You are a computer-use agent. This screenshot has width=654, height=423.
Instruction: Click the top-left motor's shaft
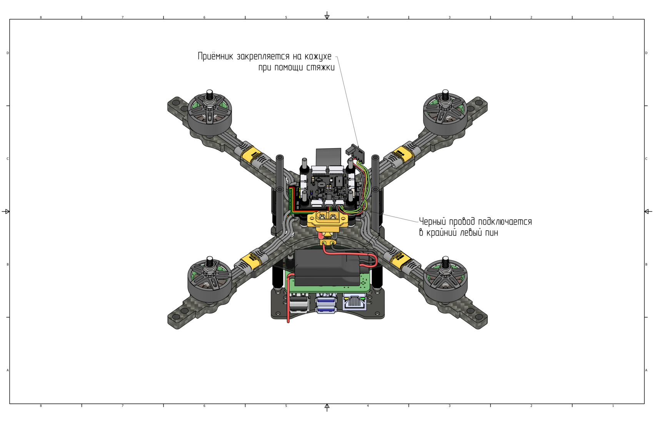pos(210,93)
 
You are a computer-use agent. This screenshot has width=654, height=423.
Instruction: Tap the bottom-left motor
pos(210,281)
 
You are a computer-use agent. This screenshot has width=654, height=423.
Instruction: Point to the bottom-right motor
pos(445,281)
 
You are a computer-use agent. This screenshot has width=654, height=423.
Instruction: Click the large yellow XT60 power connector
pos(327,220)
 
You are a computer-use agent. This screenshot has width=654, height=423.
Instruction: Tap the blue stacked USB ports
pos(326,303)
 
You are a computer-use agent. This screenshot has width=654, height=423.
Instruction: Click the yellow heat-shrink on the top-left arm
pos(251,153)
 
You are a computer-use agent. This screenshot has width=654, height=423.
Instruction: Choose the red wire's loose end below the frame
pos(288,321)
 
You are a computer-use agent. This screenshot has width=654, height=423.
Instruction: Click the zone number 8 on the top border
pos(41,17)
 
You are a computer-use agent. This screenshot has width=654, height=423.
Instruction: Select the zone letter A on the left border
pos(8,370)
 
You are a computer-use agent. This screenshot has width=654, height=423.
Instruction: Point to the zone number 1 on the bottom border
pos(613,406)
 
